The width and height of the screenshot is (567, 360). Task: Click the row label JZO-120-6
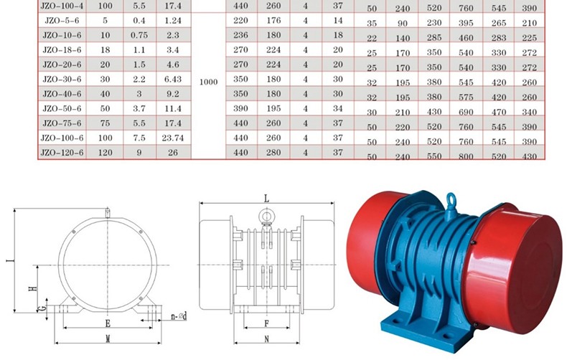click(62, 153)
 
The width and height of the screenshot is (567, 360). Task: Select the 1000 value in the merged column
click(209, 82)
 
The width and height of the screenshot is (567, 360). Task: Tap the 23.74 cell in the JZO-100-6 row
click(173, 138)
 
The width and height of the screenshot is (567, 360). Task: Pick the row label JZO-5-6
click(62, 20)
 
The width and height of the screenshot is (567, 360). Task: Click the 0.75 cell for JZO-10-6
click(139, 35)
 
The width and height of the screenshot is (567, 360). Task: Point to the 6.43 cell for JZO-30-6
click(173, 79)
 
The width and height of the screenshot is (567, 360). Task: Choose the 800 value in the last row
click(466, 156)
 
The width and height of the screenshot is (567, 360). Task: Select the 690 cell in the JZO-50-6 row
click(466, 112)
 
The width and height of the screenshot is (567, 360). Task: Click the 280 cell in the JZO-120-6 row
click(273, 153)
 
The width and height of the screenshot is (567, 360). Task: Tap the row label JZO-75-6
click(62, 123)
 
